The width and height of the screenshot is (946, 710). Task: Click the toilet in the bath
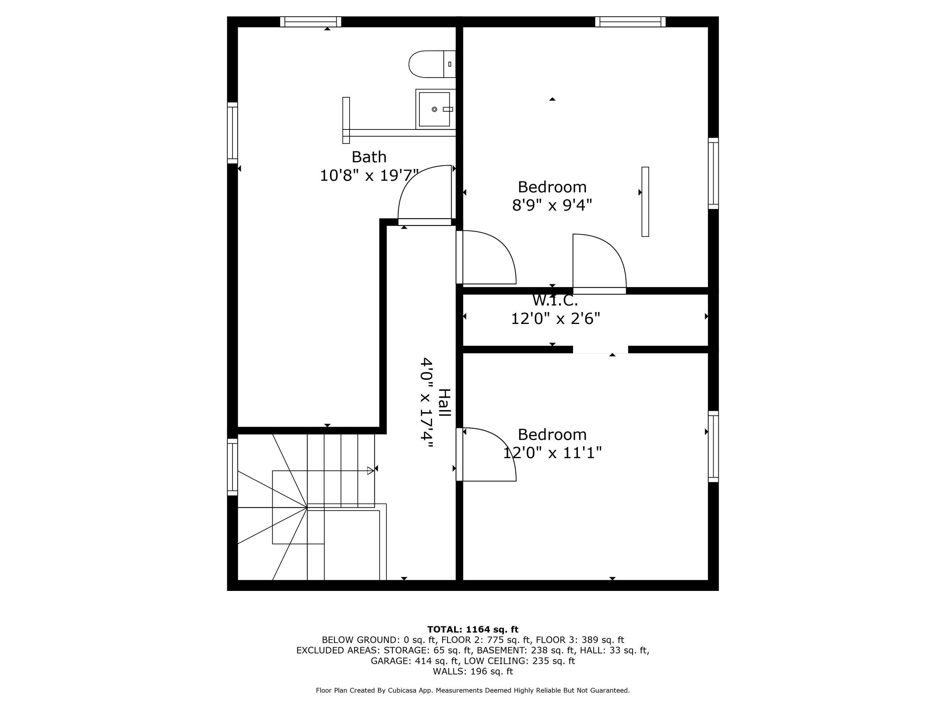tap(432, 64)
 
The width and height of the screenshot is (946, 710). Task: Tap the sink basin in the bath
tap(434, 109)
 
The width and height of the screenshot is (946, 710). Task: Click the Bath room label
tap(369, 157)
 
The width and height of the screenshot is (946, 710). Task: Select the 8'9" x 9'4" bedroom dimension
tap(552, 206)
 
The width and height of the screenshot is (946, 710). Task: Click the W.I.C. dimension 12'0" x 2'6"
tap(555, 319)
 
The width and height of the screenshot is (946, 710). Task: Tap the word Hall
tap(445, 403)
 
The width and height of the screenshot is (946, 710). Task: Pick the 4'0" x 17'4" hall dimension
tap(426, 403)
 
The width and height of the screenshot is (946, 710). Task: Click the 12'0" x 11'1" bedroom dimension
tap(552, 452)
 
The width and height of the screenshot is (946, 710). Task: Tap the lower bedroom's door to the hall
tap(487, 454)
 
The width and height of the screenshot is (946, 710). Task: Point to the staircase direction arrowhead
tap(370, 471)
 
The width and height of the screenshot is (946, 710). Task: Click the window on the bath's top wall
tap(310, 21)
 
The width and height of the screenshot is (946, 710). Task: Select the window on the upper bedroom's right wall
tap(713, 173)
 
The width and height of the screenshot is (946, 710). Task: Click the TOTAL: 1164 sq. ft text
tap(473, 629)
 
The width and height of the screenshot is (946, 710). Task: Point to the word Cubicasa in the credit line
tap(405, 690)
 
